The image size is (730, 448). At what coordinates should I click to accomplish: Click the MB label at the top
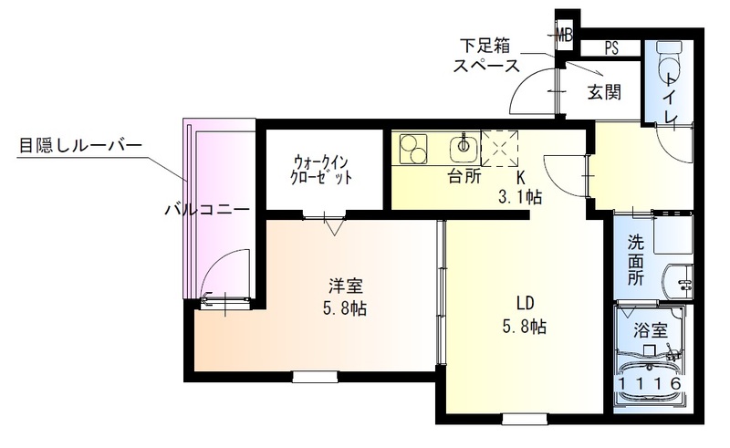click(566, 35)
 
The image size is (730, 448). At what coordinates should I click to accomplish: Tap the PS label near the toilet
click(610, 48)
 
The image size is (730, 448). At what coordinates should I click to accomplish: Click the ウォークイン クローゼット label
click(320, 169)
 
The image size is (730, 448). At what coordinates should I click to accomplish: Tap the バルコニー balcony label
click(207, 209)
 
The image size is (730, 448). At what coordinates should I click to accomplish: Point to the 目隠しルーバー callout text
click(80, 145)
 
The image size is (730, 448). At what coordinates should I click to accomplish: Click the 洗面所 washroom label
click(636, 260)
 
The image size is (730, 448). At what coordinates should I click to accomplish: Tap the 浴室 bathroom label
click(650, 331)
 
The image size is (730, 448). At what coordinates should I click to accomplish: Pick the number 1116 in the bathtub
click(650, 385)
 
